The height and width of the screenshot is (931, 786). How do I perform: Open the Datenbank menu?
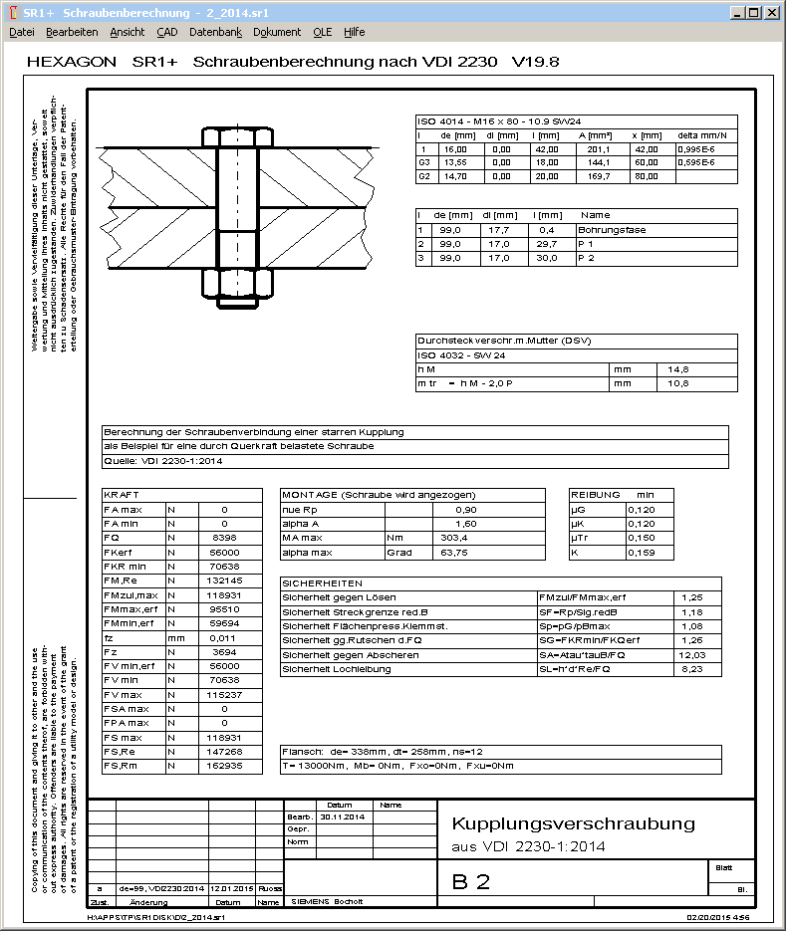point(215,32)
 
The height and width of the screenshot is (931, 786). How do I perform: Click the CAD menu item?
point(167,32)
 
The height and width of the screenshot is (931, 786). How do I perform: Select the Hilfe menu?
point(354,32)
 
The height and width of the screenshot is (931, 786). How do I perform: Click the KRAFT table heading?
point(122,494)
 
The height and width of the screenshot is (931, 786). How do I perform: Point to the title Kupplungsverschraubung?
point(573,823)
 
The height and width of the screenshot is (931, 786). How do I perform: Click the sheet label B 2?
point(470,881)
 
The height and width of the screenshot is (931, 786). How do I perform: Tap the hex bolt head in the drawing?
point(236,137)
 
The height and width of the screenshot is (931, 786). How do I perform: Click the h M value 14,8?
point(677,368)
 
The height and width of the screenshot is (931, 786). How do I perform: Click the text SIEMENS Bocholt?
point(327,901)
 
